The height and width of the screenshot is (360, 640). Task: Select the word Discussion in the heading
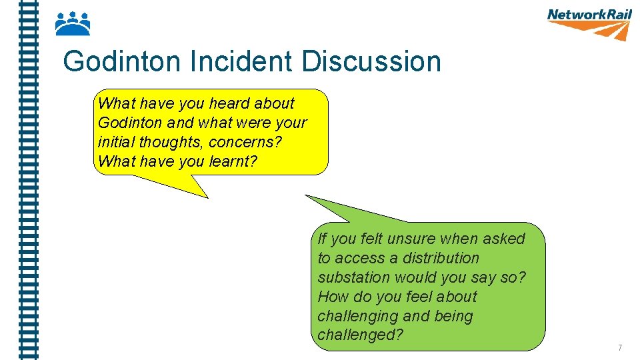[371, 62]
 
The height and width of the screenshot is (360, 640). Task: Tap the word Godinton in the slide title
[122, 62]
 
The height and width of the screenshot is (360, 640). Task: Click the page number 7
[620, 347]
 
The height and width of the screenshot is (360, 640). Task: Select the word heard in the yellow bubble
[229, 103]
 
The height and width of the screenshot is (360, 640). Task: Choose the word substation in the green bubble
[352, 277]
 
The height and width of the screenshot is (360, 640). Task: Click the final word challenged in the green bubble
[360, 335]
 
